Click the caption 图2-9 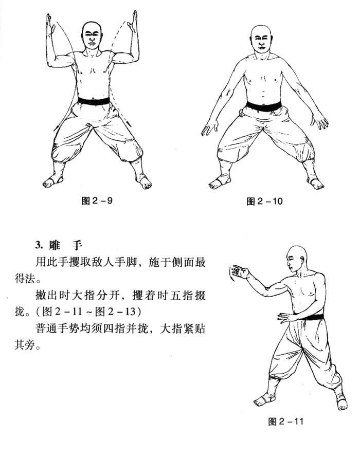97,200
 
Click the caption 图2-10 264,201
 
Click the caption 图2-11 285,422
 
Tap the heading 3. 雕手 59,245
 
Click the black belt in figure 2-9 94,101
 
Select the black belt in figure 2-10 264,106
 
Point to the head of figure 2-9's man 92,34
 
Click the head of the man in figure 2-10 261,39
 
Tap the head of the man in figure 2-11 296,258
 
